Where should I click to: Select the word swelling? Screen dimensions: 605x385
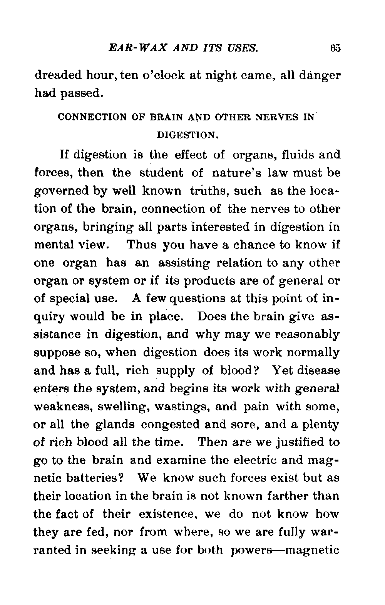(115, 407)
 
